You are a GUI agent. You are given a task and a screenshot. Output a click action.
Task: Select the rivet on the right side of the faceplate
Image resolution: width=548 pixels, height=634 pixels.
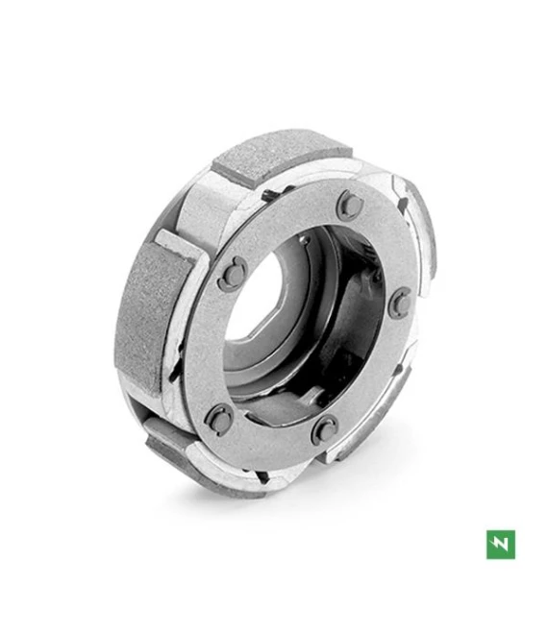pos(401,303)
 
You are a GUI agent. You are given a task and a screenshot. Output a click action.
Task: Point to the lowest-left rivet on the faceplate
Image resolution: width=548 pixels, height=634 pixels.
pos(220,418)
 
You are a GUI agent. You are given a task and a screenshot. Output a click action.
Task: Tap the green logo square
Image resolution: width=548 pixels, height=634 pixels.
pos(500,544)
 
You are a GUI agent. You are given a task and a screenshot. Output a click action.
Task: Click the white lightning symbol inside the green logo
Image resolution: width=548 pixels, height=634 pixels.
pos(500,544)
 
